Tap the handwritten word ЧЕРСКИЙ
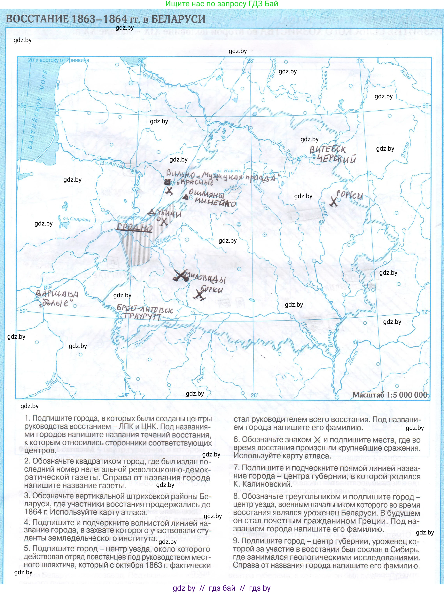[x=337, y=159]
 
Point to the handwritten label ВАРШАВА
[x=57, y=294]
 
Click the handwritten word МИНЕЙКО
[x=215, y=203]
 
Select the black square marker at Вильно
[x=167, y=182]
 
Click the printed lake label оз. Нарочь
[x=228, y=170]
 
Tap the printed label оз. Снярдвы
[x=77, y=219]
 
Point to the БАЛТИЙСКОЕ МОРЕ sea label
[x=37, y=110]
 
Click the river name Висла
[x=51, y=379]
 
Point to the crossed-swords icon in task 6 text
[x=317, y=440]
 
